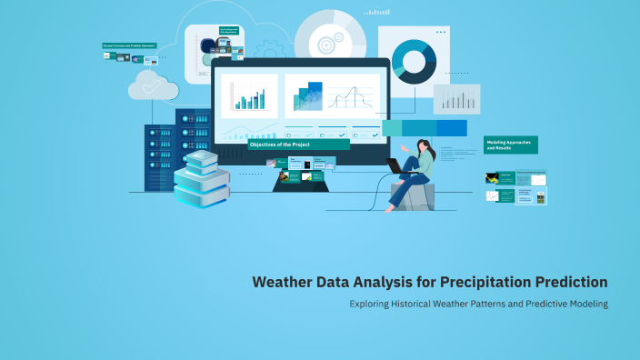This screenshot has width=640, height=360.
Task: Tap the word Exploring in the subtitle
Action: click(372, 304)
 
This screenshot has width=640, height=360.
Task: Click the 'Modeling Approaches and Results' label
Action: click(510, 145)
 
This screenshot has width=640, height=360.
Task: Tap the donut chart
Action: click(414, 60)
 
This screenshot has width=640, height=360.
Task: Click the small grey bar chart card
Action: click(456, 99)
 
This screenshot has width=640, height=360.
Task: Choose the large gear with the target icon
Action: click(325, 42)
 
